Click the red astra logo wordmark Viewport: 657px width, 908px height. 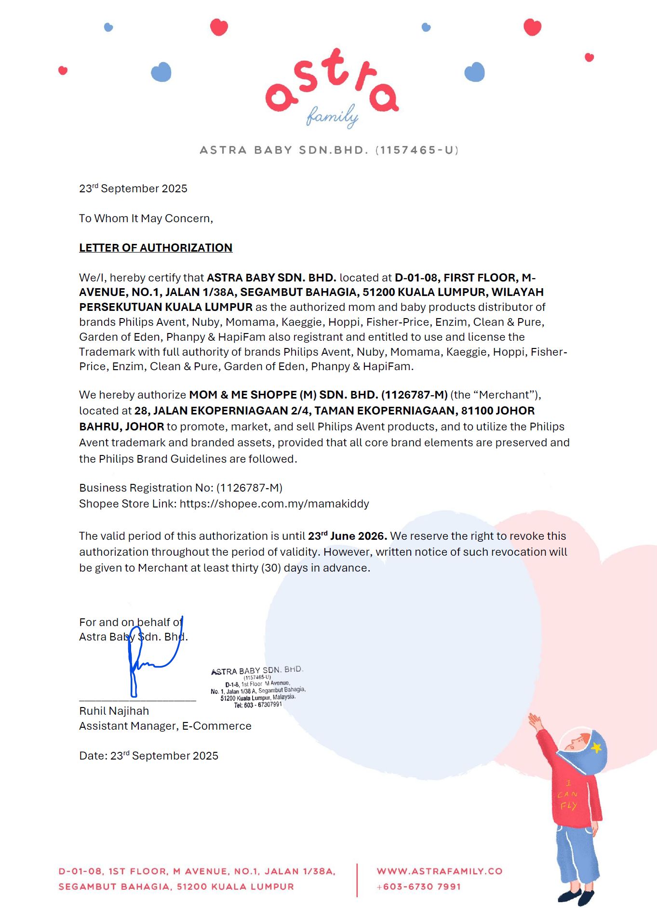point(332,82)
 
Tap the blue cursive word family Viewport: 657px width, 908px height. point(332,116)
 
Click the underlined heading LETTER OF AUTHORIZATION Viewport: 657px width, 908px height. point(156,248)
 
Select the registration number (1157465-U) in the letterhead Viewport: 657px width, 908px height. point(417,150)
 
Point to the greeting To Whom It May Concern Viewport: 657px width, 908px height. point(146,218)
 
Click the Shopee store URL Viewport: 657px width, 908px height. point(274,504)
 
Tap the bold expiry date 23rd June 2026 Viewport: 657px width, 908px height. point(347,536)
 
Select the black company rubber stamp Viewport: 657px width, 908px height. point(257,687)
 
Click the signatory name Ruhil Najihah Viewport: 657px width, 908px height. point(114,711)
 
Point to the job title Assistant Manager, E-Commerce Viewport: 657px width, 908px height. point(165,726)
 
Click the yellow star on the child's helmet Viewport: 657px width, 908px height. point(597,747)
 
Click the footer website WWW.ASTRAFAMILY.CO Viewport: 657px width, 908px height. point(440,871)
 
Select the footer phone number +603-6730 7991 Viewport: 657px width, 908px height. point(419,887)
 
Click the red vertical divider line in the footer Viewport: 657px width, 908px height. point(357,880)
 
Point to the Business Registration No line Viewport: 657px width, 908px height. point(180,488)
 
